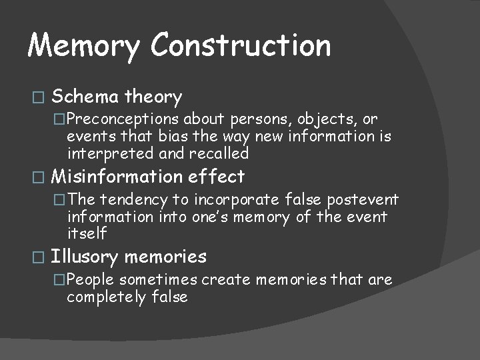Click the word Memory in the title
coord(84,45)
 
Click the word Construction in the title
coord(241,45)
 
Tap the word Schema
coord(85,97)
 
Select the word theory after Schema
coord(153,97)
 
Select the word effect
coord(216,177)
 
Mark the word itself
coord(87,233)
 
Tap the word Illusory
coord(85,257)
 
